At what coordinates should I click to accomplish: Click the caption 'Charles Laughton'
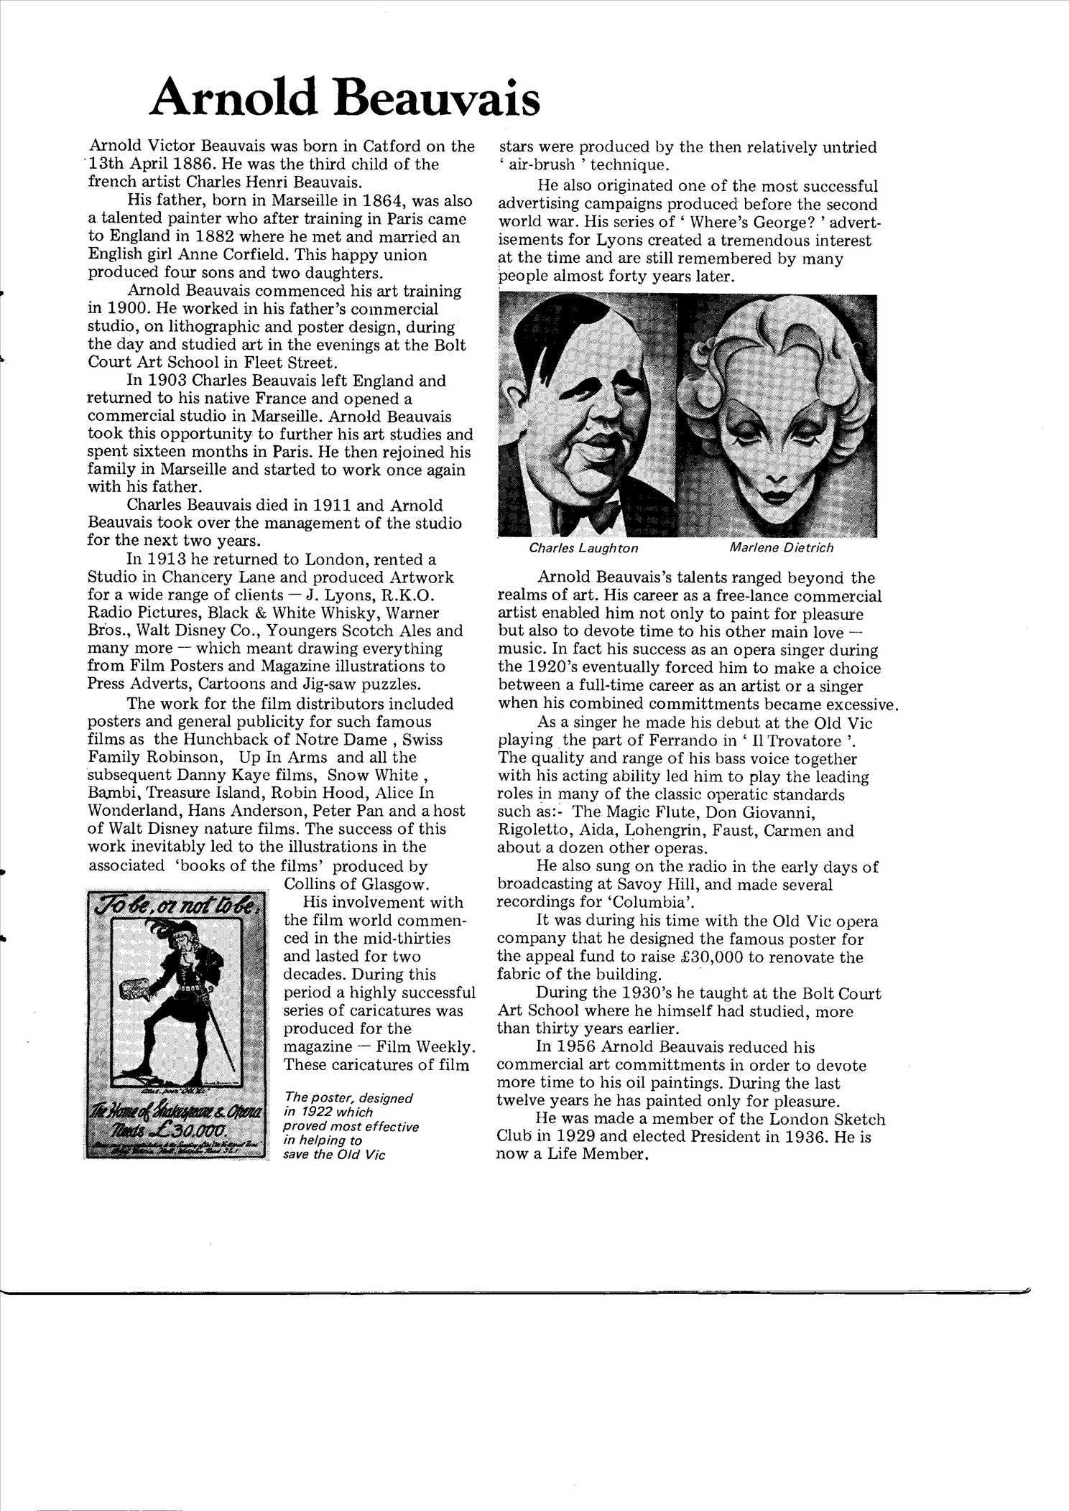pos(583,548)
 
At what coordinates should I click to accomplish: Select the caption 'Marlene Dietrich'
pos(782,547)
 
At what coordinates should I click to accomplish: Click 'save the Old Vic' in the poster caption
pos(334,1155)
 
